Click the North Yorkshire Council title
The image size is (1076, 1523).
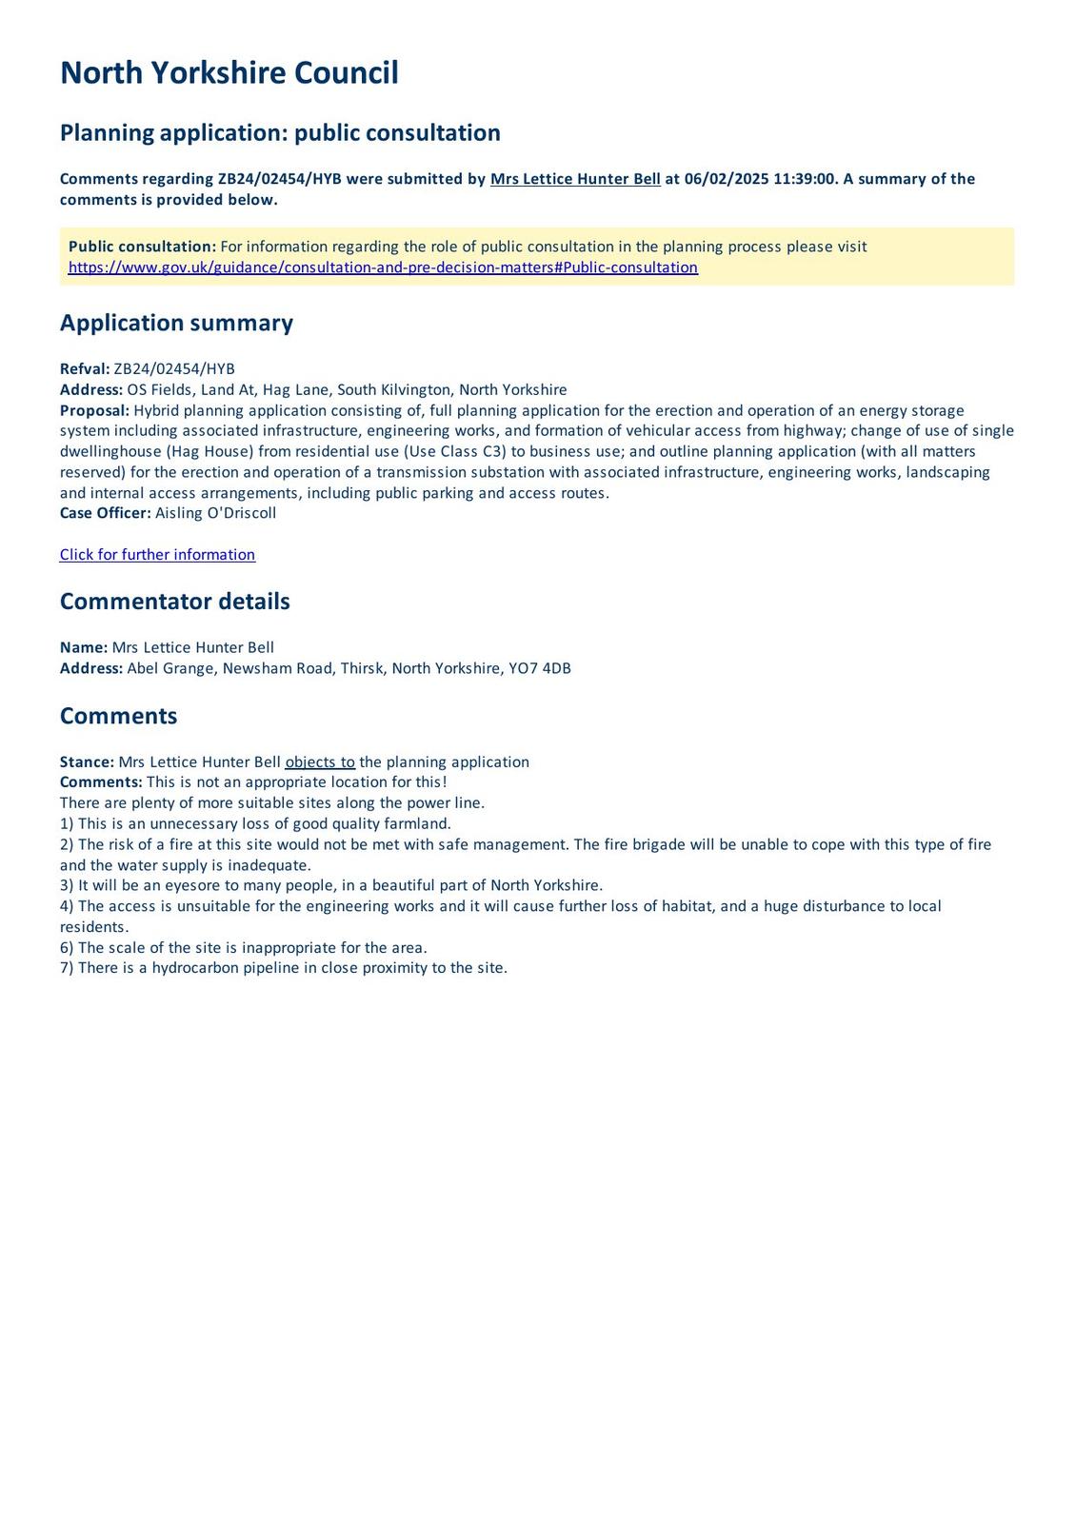229,73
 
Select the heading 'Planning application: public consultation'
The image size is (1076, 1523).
280,132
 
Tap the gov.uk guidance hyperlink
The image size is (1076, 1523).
383,267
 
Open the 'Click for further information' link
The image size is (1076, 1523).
157,555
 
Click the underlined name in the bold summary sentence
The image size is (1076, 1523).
575,179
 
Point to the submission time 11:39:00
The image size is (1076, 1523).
805,179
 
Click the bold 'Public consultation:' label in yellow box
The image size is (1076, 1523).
142,247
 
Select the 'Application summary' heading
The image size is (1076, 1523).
176,323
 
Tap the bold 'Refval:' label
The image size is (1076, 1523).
85,369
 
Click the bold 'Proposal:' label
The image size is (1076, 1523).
94,410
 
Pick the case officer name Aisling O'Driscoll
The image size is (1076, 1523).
215,513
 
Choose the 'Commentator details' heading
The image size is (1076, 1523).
174,602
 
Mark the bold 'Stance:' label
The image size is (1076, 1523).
87,762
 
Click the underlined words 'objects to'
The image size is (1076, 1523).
320,762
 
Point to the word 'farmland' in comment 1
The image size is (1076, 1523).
416,824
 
